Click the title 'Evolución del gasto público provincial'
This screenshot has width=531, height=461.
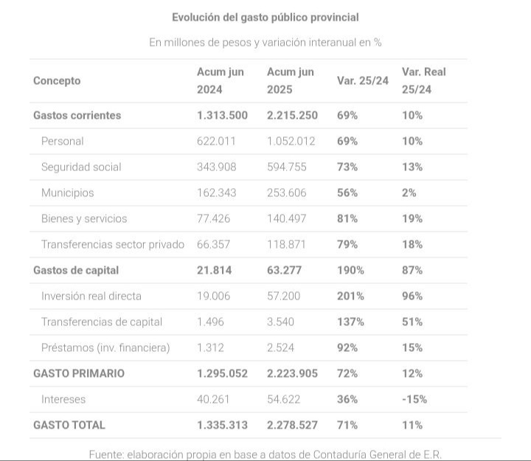265,17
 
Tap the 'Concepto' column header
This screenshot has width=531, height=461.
57,81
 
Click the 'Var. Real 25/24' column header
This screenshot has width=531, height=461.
423,81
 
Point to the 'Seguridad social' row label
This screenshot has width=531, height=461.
81,167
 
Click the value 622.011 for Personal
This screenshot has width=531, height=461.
217,142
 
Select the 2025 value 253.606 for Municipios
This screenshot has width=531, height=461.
286,193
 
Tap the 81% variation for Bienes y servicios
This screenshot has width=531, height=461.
347,219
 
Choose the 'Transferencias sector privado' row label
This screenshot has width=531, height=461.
113,245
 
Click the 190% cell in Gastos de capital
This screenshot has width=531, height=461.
350,271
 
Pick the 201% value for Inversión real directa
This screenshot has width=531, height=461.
350,297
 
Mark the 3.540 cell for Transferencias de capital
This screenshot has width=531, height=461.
281,322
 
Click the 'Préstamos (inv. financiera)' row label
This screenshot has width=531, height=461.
105,348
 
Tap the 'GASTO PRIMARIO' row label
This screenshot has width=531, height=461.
79,374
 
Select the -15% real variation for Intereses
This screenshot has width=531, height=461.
414,400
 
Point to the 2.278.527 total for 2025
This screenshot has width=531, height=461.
292,426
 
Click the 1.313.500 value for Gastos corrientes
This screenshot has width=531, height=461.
222,116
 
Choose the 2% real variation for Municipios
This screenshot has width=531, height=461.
409,193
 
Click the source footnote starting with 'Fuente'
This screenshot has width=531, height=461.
265,454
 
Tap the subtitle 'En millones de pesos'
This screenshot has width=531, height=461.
265,43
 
